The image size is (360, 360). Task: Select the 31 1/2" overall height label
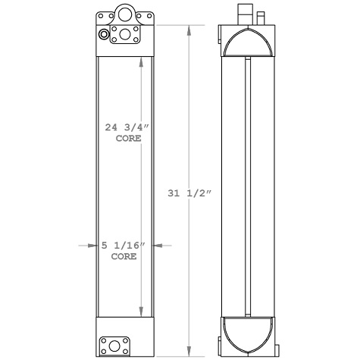(189, 193)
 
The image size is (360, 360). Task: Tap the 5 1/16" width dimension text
(122, 245)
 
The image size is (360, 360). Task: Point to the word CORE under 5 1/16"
(124, 257)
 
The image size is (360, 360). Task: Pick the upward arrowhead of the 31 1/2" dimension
(189, 29)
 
